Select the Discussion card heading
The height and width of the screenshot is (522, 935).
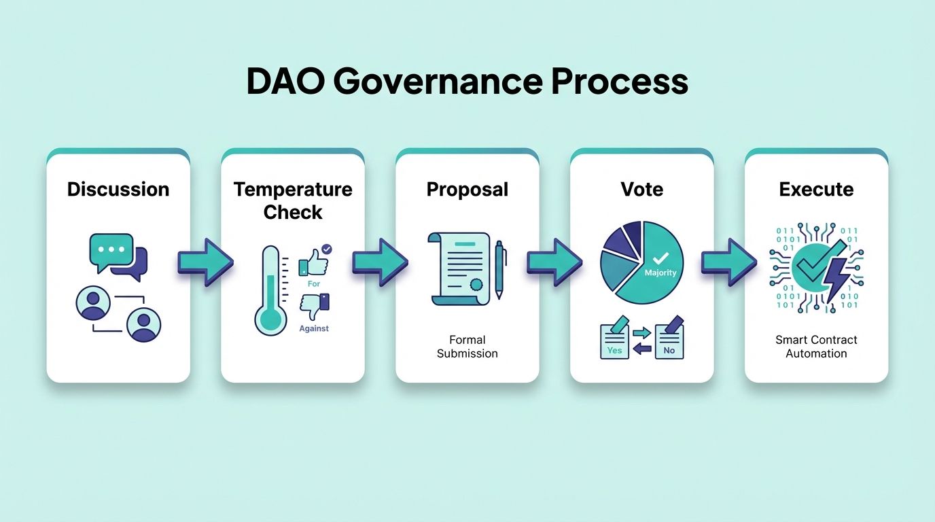point(118,189)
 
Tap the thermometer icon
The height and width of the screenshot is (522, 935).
point(270,291)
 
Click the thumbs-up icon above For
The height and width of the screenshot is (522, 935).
point(314,260)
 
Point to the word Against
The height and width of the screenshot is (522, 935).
point(314,328)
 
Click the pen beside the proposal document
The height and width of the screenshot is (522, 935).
point(501,269)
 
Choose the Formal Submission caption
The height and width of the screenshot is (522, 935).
point(467,347)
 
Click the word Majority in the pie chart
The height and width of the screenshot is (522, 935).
point(660,273)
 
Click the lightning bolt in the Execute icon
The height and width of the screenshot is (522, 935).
point(835,279)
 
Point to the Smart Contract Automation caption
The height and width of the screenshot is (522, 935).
point(816,347)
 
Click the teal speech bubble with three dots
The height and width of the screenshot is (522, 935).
point(111,250)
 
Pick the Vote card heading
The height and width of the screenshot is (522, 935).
point(641,189)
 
